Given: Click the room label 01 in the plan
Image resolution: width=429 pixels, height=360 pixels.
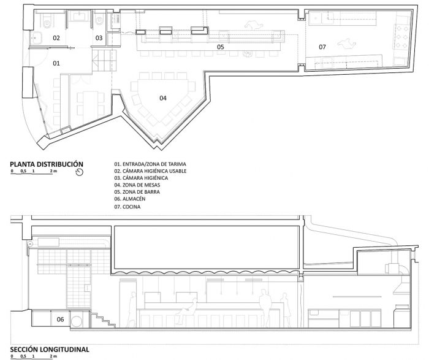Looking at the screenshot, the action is click(56, 63).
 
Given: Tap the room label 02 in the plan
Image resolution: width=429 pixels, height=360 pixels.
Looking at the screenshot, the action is click(56, 38).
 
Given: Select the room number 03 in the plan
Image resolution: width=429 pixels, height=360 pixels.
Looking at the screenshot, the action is click(99, 38).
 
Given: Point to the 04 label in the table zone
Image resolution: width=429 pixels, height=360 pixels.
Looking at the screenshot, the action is click(163, 98).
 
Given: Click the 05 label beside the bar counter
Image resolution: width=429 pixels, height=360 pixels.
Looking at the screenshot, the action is click(221, 47).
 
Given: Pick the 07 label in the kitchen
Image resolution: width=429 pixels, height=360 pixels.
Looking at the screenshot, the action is click(322, 47).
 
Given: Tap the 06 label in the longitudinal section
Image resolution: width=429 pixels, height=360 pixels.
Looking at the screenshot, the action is click(60, 319).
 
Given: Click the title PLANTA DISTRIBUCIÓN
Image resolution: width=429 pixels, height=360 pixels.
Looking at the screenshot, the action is click(47, 164).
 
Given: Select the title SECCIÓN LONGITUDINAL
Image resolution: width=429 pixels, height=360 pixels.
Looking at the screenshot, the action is click(50, 350).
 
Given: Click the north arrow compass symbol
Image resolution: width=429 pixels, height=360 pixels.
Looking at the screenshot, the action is click(79, 172).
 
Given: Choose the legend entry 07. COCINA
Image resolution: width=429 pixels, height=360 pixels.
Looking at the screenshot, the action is click(127, 207).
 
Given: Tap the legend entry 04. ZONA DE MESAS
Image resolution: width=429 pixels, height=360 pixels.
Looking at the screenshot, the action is click(137, 185).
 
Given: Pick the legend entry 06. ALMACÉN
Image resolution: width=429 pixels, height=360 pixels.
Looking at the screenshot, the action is click(130, 199).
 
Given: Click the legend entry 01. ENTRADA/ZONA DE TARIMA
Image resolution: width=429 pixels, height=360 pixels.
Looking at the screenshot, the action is click(150, 164).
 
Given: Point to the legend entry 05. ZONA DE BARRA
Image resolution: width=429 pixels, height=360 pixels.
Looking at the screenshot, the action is click(137, 192).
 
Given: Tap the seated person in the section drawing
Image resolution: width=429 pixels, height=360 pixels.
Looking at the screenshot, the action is click(187, 312).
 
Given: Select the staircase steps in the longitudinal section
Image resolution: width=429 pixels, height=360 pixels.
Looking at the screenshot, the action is click(103, 320).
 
